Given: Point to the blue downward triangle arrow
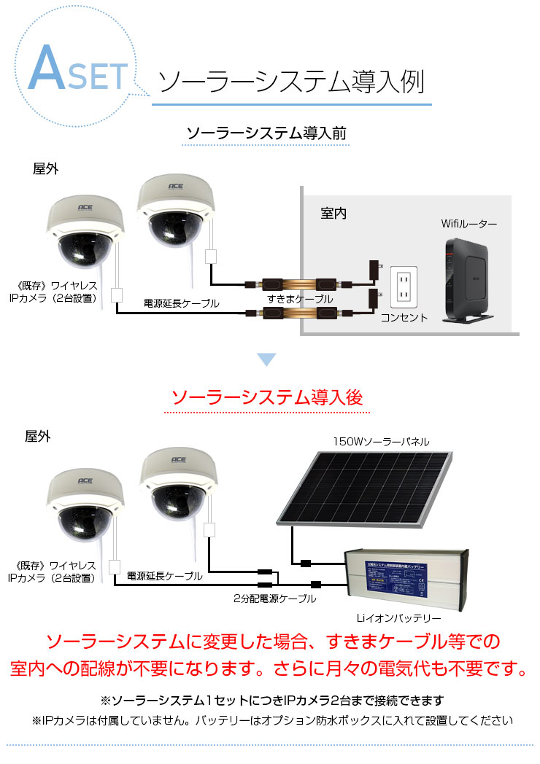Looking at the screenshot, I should (267, 359).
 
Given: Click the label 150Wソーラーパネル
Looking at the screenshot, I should (381, 441).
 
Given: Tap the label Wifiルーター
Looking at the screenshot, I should (469, 224).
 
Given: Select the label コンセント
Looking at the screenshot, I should (404, 318).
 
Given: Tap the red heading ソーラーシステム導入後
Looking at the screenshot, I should (266, 398).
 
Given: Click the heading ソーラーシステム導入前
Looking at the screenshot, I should (266, 133).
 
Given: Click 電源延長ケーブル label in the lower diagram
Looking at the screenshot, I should (164, 576).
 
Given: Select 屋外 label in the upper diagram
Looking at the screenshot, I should (45, 168).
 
